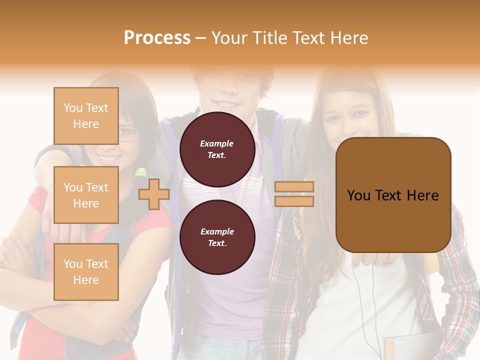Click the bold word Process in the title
(157, 38)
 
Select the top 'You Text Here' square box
(86, 116)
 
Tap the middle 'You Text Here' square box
(86, 195)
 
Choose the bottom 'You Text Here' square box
(86, 272)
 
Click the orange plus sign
(154, 194)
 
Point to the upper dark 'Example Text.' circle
(217, 149)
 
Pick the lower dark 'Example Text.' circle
(217, 237)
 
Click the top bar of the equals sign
(294, 187)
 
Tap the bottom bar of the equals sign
(294, 201)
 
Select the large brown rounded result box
(393, 195)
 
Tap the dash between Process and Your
(201, 38)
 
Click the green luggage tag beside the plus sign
(141, 173)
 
